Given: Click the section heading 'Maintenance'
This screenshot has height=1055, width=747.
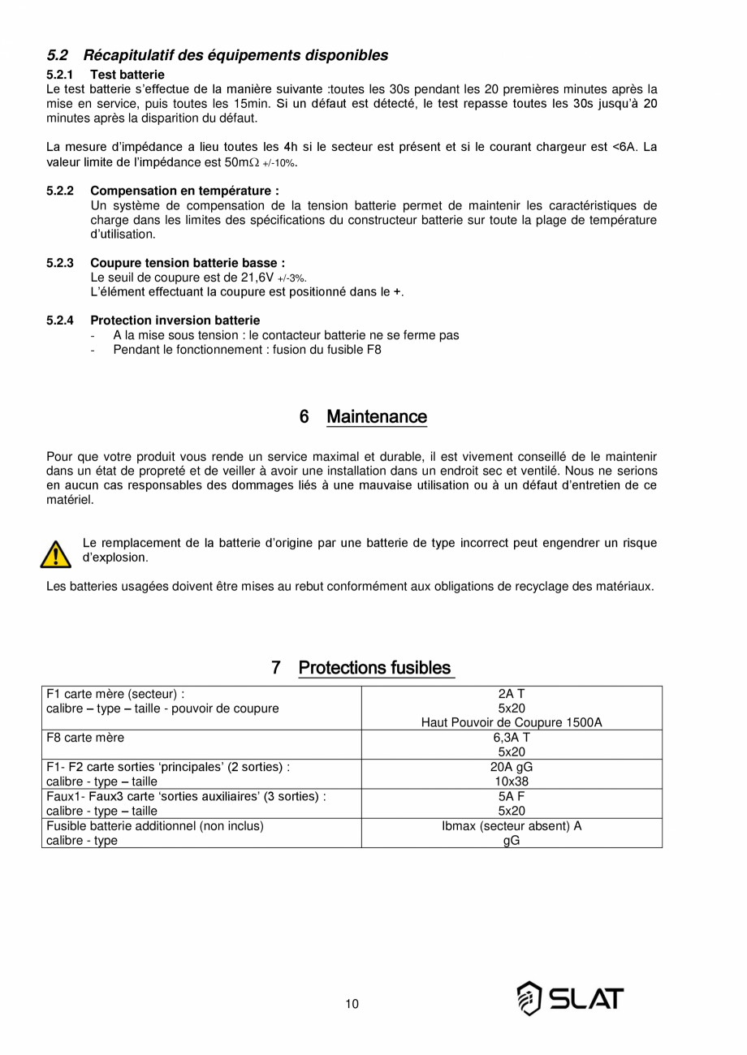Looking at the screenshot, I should coord(376,417).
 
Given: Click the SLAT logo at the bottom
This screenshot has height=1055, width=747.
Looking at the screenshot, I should coord(571,998).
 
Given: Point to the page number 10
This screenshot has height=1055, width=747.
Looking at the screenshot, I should coord(352,1004).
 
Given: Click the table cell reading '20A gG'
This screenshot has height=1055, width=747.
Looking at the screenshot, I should coord(512,767).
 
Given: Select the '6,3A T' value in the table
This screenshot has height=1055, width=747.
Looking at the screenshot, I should coord(512,738).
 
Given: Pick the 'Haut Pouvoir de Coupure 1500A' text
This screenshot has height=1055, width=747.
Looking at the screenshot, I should coord(512,723).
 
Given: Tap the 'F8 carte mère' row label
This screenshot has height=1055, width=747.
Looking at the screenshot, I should coord(85,738).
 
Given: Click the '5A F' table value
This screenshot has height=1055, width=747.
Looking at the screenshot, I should coord(512,796).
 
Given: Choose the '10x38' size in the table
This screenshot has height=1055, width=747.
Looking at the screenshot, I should coord(512,782).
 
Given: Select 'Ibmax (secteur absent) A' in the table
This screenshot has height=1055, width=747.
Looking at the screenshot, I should coord(512,826).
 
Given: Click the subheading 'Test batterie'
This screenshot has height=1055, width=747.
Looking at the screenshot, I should coord(127,75).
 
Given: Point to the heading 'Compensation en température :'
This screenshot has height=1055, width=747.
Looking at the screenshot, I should coord(184,191).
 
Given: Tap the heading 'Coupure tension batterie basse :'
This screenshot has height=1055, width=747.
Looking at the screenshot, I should coord(188,263).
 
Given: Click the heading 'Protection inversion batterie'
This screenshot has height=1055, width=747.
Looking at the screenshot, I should coord(175,321).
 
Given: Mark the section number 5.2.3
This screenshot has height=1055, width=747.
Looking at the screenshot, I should coord(60,263).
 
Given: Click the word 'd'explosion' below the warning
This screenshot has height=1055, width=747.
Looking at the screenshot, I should coord(115,558).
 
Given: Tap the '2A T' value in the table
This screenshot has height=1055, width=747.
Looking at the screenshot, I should coord(512,694).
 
